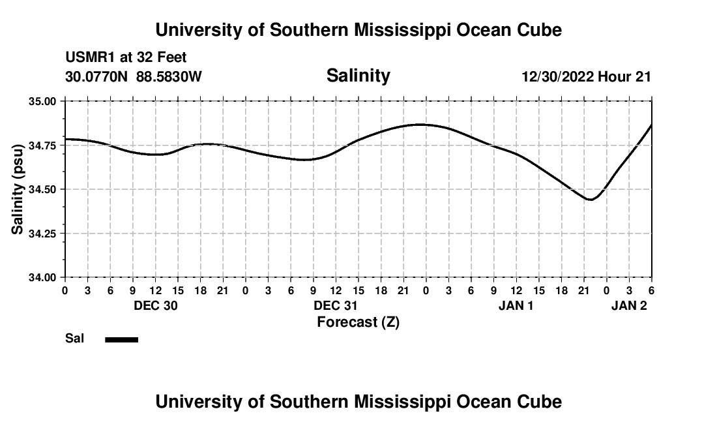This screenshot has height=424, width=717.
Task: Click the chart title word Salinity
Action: [358, 76]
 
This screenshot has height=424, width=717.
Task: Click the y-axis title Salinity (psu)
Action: [18, 189]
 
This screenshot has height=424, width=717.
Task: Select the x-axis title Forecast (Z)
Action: [358, 322]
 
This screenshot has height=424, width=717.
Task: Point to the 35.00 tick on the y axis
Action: [43, 102]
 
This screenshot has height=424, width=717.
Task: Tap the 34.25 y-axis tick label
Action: [43, 234]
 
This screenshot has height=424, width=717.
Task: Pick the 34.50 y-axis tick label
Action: [43, 190]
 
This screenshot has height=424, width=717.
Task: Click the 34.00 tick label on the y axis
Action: [43, 277]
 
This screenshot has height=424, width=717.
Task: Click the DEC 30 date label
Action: [156, 306]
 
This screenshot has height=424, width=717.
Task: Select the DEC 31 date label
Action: [336, 306]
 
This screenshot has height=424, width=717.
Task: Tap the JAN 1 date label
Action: [516, 306]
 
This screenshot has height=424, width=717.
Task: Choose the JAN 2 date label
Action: [629, 306]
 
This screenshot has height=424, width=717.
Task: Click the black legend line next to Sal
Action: [122, 339]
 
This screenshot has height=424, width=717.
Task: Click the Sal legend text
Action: [74, 339]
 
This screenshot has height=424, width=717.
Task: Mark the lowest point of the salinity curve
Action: [591, 200]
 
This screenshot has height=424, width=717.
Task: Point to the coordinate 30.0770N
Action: [97, 77]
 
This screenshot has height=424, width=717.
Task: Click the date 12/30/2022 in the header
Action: [557, 77]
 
